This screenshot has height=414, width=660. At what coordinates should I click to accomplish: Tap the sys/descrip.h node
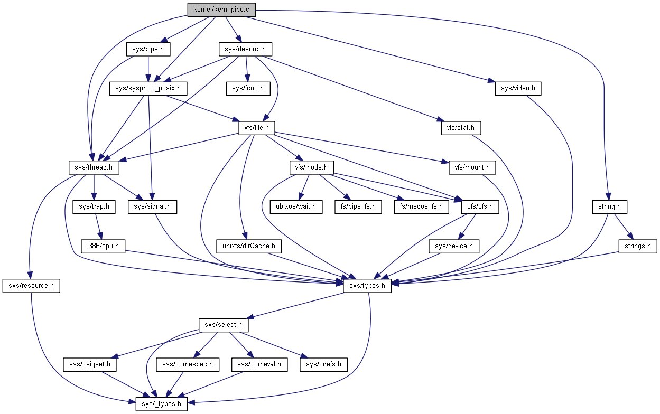point(245,50)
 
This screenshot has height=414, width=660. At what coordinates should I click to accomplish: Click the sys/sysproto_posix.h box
point(148,88)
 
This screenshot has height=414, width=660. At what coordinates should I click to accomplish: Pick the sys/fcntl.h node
point(248,88)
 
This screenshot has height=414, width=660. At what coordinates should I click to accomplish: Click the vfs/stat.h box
point(461,127)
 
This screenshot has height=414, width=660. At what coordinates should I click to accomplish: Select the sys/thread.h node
point(94,167)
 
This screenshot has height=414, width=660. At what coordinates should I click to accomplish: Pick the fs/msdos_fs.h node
point(421,206)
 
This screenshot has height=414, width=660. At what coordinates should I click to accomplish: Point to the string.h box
point(609,206)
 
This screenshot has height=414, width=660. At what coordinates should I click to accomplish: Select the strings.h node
point(638,246)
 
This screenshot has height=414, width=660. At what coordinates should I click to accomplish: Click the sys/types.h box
point(367,286)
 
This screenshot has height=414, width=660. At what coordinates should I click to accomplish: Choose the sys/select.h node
point(223,325)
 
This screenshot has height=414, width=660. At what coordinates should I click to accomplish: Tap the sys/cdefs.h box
point(323,364)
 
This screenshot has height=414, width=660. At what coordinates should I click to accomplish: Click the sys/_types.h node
point(161,404)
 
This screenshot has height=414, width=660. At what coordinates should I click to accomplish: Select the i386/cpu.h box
point(103,246)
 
